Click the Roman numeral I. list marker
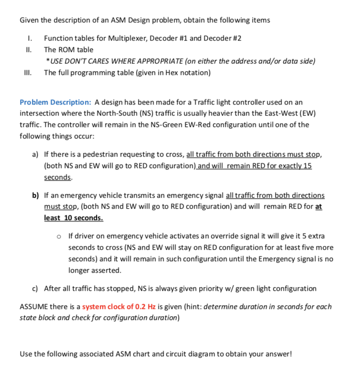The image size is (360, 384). (31, 38)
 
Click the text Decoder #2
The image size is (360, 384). (228, 38)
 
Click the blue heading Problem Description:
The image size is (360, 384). (55, 102)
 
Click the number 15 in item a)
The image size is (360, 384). (307, 166)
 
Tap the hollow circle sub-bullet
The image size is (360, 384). (58, 236)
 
